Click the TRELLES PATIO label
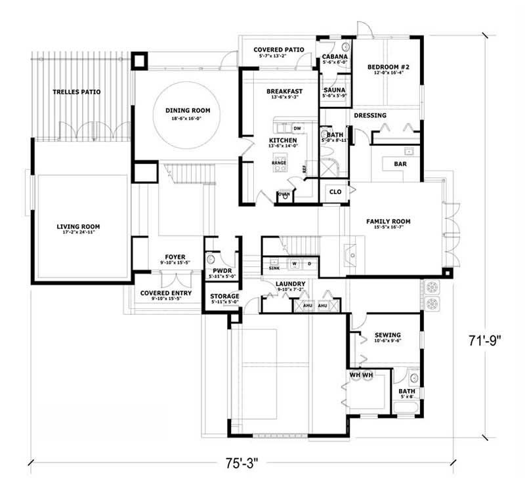click(77, 92)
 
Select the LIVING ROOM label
click(83, 227)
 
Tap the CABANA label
click(335, 57)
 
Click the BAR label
click(400, 164)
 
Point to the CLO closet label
click(335, 192)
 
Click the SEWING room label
click(387, 335)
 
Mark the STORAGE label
click(224, 297)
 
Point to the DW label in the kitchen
click(297, 128)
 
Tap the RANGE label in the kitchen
click(278, 161)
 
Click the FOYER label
click(175, 257)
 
